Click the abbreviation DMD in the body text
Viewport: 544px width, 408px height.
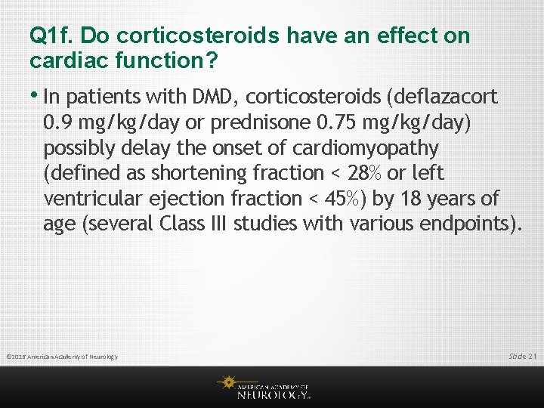point(217,96)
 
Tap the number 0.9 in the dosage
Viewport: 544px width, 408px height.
point(58,122)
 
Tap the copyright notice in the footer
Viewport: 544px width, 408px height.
point(61,356)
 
